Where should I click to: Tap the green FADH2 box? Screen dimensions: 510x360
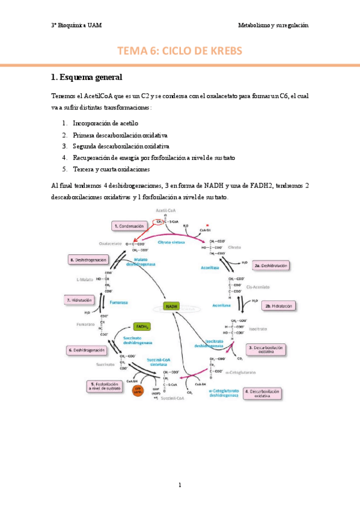point(142,327)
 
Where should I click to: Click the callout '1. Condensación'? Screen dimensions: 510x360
point(129,226)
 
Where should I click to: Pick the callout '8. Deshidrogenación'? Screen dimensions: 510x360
point(89,260)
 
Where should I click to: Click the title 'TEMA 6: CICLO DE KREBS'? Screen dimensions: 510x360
point(180,51)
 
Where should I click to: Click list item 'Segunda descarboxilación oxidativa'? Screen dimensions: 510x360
point(120,146)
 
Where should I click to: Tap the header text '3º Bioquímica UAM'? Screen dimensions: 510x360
point(76,26)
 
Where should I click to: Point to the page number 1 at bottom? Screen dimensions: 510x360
point(180,485)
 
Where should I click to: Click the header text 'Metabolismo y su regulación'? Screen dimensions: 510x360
point(273,26)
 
